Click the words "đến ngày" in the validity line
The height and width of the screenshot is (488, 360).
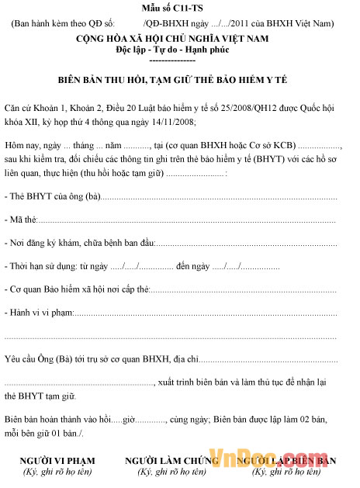point(193,266)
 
